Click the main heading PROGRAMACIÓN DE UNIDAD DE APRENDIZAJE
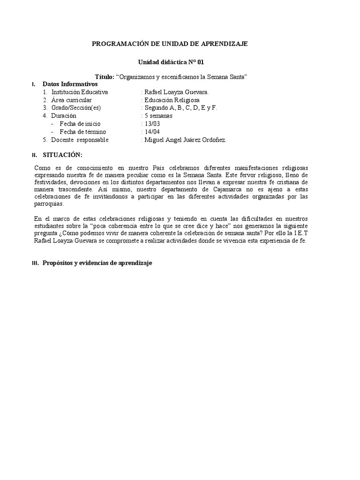point(169,44)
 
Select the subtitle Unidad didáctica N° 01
point(171,62)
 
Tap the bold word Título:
point(104,77)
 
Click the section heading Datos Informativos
point(70,84)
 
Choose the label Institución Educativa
point(80,92)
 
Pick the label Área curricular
point(72,100)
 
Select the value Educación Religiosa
point(172,100)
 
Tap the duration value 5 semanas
point(158,116)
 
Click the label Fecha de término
point(83,132)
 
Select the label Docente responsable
point(80,140)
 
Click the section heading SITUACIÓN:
point(62,155)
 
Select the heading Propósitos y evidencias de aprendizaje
point(97,263)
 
